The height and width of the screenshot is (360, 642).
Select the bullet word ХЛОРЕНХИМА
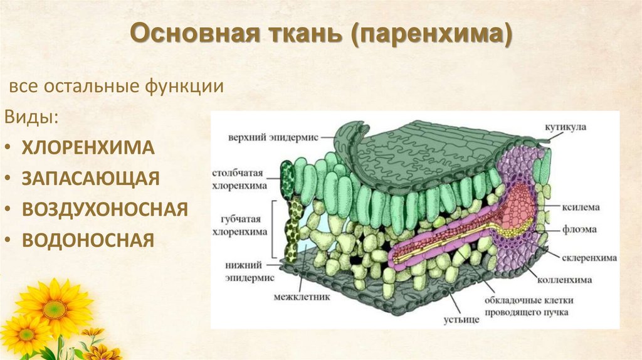88,148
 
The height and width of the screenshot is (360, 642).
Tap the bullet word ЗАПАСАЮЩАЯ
91,178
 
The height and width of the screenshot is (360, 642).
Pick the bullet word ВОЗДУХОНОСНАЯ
105,209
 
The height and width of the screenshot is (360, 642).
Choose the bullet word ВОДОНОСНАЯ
88,240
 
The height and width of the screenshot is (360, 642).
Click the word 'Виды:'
33,117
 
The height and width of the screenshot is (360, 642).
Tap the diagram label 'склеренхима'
592,257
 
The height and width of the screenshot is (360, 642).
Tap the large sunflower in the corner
54,307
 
